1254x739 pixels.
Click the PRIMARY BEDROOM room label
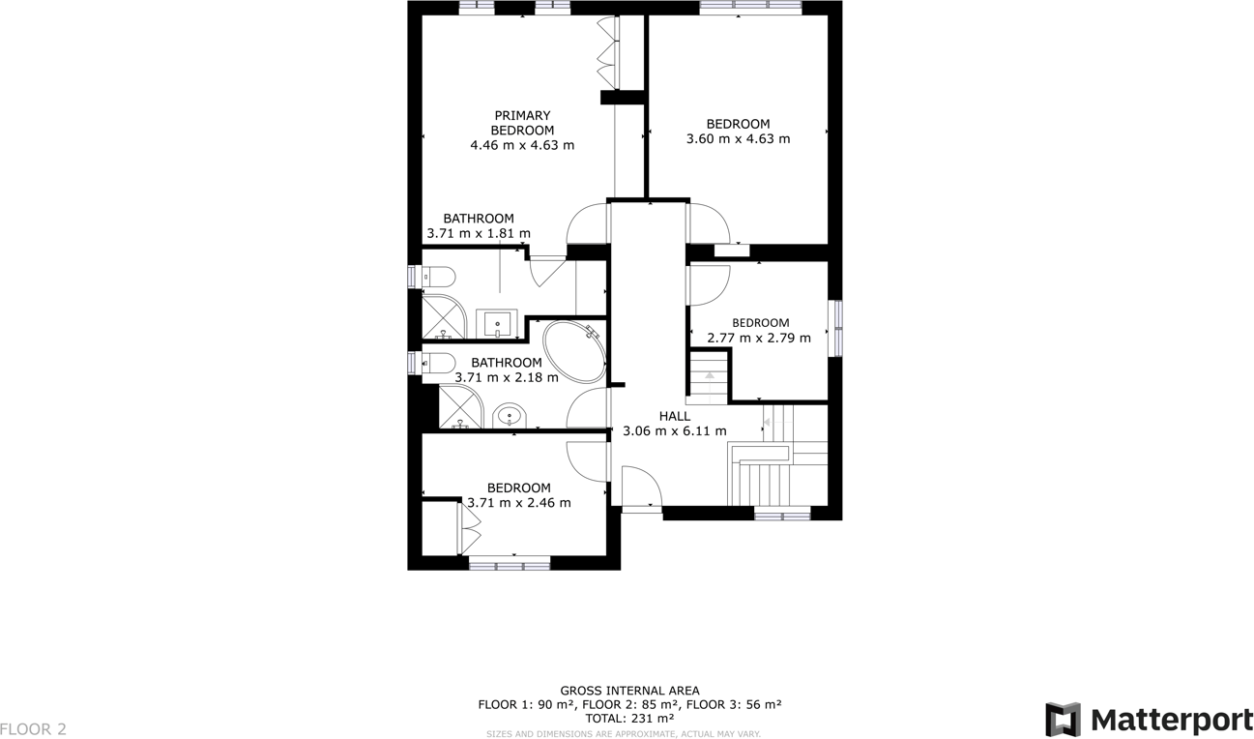(x=522, y=123)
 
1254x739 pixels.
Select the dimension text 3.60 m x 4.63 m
(x=738, y=138)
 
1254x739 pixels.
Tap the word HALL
(x=674, y=416)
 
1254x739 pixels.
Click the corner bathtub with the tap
(x=574, y=353)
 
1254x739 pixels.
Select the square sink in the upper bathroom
(x=501, y=323)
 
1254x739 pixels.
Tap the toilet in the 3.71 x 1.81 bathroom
(x=437, y=277)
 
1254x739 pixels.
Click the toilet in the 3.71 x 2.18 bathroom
(x=438, y=363)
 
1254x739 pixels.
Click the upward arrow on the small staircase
(x=709, y=374)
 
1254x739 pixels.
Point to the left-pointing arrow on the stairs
(x=770, y=422)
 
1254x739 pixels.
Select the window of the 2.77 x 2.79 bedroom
(x=837, y=328)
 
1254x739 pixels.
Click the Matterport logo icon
(x=1063, y=720)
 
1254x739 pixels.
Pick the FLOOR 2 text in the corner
(x=34, y=728)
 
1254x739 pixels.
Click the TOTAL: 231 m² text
(x=629, y=719)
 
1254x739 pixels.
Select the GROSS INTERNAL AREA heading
(x=629, y=691)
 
